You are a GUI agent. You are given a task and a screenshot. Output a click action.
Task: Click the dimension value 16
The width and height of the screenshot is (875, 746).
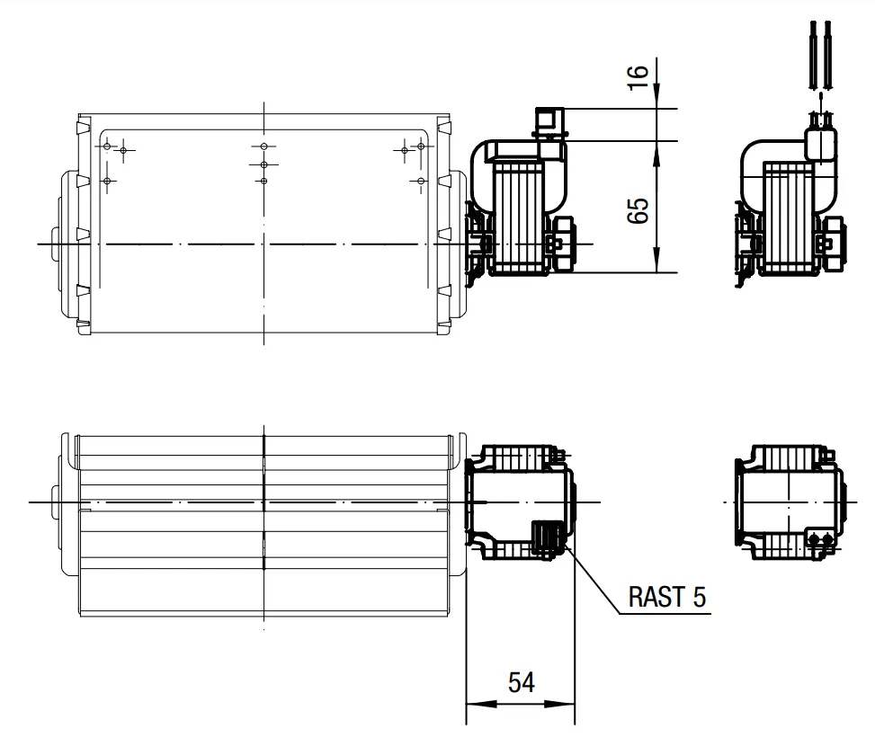pos(638,77)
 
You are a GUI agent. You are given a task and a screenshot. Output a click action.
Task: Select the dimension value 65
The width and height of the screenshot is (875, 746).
pos(638,210)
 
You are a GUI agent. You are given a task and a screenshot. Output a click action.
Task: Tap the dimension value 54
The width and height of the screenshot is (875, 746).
pos(522,682)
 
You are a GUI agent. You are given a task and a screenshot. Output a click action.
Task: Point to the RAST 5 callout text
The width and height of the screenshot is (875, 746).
pos(667,597)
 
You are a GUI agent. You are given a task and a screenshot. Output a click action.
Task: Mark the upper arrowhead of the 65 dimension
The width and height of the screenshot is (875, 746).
pos(656,156)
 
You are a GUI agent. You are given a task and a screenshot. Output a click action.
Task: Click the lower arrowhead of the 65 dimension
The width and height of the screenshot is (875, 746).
pos(656,258)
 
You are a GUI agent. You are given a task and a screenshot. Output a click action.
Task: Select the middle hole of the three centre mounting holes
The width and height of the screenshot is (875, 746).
pos(264,165)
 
